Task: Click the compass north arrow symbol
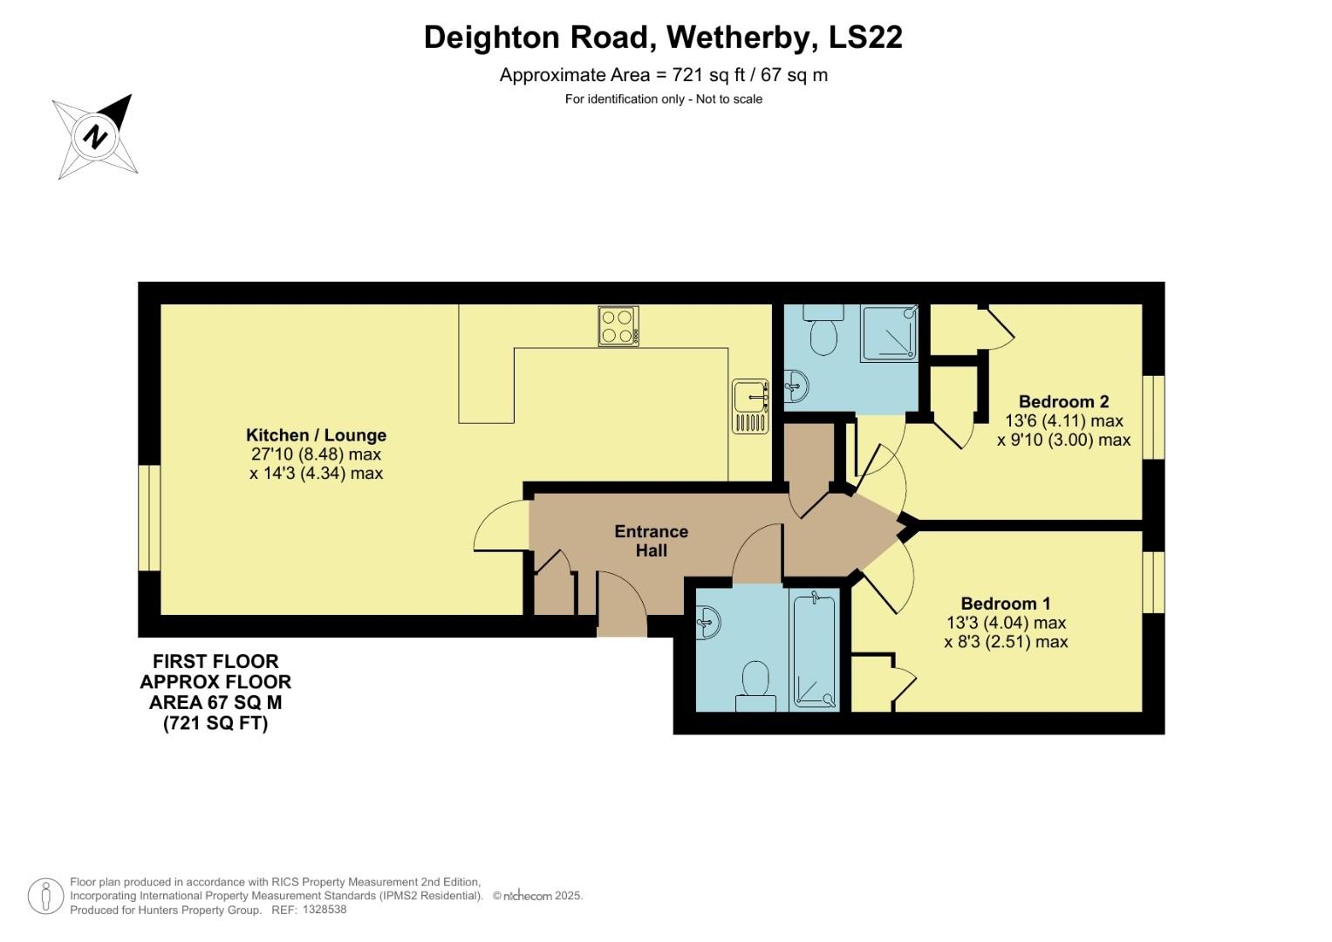[x=95, y=137]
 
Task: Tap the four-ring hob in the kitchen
[x=618, y=326]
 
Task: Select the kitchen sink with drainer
[x=750, y=406]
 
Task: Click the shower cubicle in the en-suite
[x=890, y=332]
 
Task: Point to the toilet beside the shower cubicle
[x=823, y=330]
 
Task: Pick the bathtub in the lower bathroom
[x=814, y=650]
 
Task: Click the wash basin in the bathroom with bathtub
[x=708, y=623]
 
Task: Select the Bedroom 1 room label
[x=1005, y=604]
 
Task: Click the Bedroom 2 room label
[x=1063, y=402]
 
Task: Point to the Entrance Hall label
[x=651, y=541]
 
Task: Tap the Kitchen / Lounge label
[x=316, y=435]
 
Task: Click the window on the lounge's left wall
[x=150, y=517]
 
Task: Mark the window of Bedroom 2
[x=1153, y=417]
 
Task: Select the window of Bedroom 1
[x=1153, y=582]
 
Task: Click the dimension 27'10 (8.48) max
[x=316, y=454]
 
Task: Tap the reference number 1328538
[x=322, y=910]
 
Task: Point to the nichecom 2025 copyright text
[x=537, y=896]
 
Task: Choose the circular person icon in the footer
[x=45, y=896]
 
